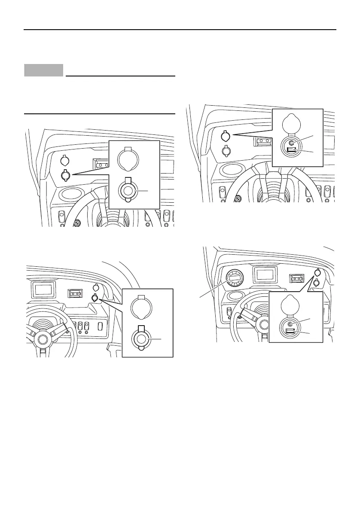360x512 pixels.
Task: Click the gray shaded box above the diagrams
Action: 43,70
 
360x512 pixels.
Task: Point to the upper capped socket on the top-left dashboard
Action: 64,161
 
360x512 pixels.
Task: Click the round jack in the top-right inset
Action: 292,143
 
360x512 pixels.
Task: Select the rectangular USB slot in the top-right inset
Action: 291,151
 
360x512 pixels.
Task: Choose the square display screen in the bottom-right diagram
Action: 265,274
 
